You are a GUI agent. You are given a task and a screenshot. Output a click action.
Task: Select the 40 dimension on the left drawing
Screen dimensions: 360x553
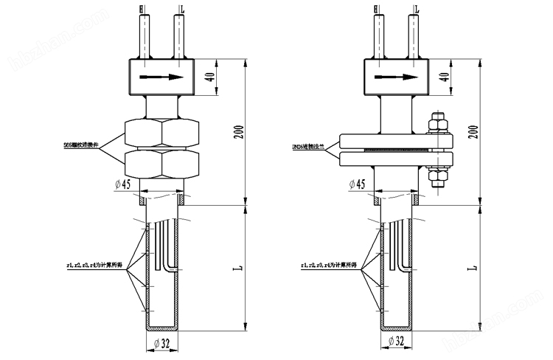click(x=209, y=77)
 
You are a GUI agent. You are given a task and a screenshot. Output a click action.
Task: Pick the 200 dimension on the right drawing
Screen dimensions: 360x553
click(x=473, y=131)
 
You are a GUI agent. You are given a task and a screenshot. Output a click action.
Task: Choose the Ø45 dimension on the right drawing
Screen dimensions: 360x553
click(x=356, y=183)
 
